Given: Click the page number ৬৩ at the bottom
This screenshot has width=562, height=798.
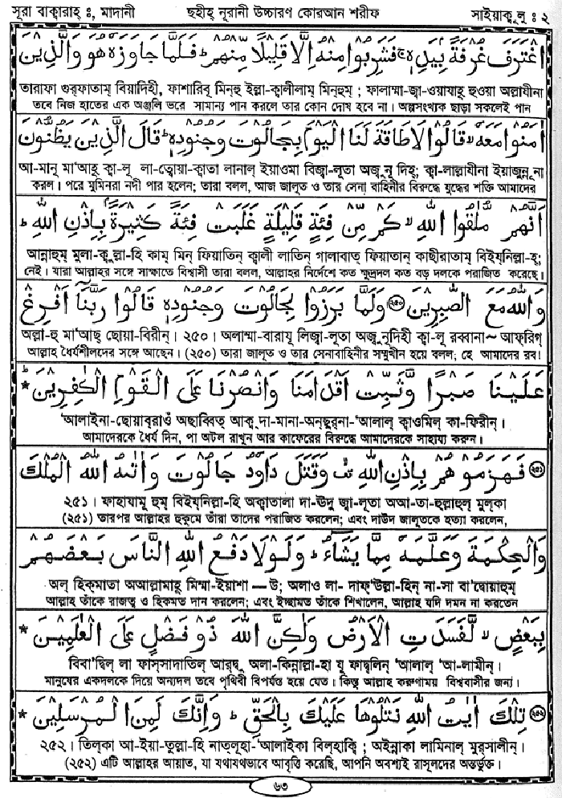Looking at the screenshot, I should tap(281, 784).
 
